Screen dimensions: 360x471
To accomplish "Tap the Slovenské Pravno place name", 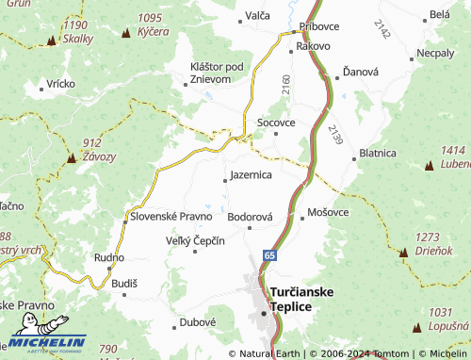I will point(171,216).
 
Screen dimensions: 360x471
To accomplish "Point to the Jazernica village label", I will point(251,175).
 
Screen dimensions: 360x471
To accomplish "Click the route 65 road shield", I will point(270,255).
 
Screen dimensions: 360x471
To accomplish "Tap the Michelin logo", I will point(47,344).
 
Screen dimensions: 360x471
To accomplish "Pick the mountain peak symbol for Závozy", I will point(72,161).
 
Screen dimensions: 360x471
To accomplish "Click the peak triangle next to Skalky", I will point(50,42).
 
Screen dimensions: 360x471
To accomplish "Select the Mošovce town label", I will point(329,212).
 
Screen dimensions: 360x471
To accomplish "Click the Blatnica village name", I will point(377,153).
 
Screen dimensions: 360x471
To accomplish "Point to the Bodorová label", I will point(251,216).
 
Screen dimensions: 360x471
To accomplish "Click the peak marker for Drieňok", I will point(404,253).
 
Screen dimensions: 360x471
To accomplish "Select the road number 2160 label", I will point(285,85).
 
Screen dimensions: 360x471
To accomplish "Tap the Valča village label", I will point(257,16).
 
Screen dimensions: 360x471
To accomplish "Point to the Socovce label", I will point(276,123).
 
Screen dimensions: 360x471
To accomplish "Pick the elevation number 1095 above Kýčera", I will point(150,17).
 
